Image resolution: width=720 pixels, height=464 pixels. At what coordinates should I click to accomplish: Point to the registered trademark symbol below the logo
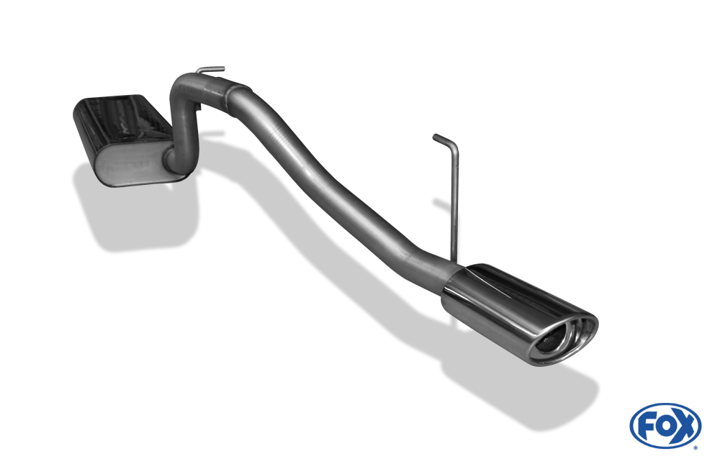click(696, 447)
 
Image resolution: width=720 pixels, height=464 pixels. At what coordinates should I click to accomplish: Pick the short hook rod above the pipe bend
click(210, 70)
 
